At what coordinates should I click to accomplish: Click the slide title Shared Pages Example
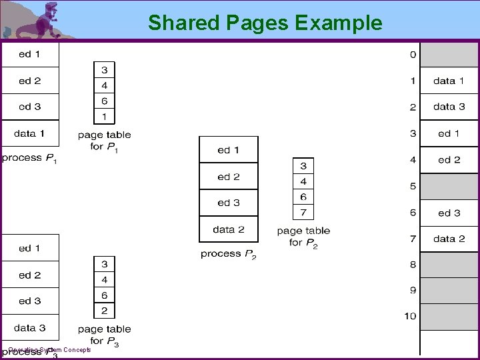point(265,23)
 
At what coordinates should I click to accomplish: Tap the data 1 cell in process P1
point(29,133)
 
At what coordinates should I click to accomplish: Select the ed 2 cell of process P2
point(228,177)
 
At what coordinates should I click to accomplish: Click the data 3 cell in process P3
point(29,327)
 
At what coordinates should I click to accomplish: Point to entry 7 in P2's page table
point(303,212)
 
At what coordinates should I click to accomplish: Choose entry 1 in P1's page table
point(104,117)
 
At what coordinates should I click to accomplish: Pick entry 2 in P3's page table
point(104,311)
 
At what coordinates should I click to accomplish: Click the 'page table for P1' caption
point(104,140)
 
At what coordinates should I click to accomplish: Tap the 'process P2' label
point(229,254)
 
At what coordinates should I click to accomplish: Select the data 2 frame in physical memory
point(449,239)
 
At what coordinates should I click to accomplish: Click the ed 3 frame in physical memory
point(449,213)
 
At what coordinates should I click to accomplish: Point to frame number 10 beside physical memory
point(410,316)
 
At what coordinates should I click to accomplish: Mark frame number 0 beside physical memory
point(413,54)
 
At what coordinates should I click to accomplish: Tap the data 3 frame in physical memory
point(449,107)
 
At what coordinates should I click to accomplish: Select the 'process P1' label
point(29,159)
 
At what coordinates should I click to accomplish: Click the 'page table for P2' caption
point(303,237)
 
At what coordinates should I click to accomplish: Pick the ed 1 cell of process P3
point(29,248)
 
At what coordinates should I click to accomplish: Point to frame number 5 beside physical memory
point(413,187)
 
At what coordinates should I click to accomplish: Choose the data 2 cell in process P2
point(228,229)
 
